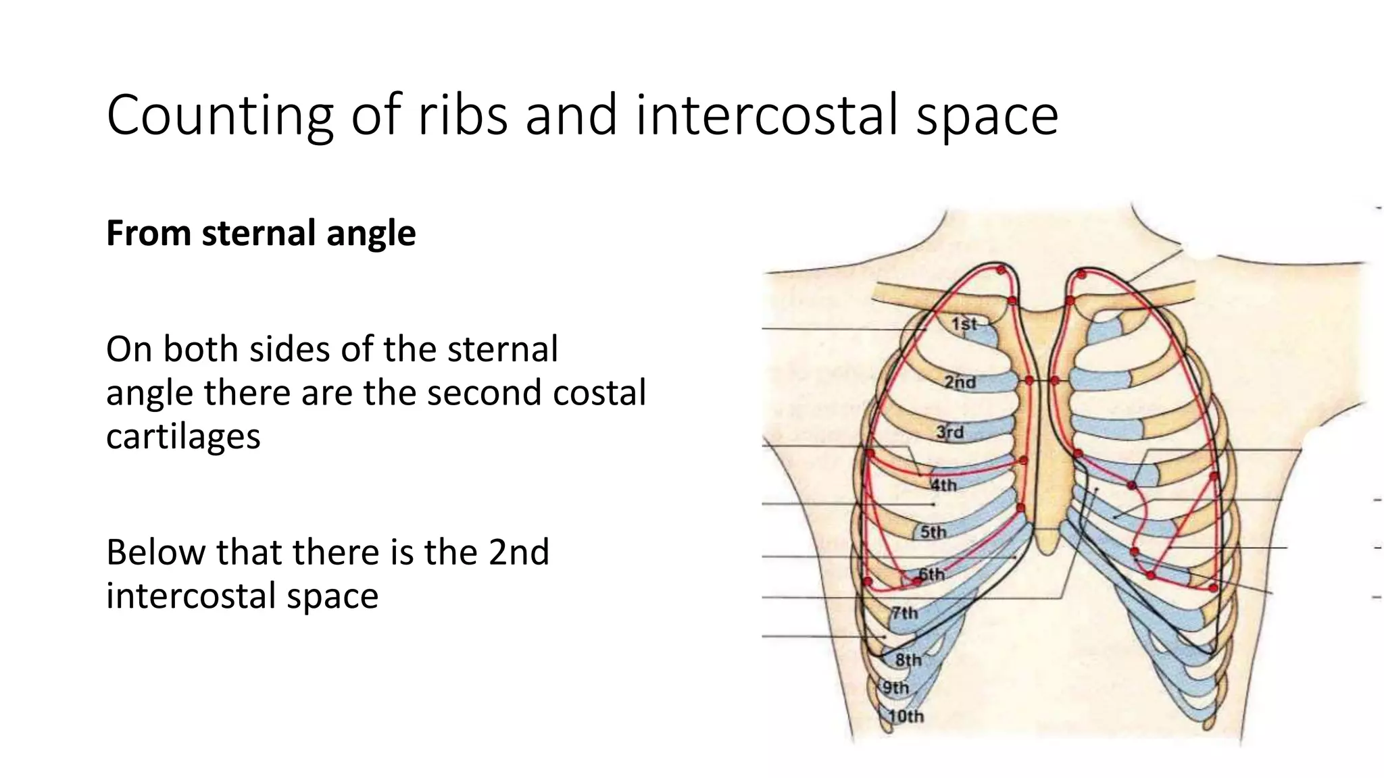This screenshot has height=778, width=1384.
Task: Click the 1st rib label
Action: [x=964, y=324]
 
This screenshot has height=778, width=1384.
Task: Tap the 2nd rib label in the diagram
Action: [x=960, y=382]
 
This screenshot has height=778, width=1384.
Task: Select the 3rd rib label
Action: [x=949, y=432]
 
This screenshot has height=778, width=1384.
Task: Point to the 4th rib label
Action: [x=943, y=485]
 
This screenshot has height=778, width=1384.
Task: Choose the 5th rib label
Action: [x=933, y=532]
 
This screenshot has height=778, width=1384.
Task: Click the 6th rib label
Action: [x=931, y=575]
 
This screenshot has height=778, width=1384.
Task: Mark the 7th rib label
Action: [x=905, y=613]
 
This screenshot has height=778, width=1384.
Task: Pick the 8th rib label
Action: [x=908, y=660]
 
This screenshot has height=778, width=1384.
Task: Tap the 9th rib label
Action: [x=896, y=688]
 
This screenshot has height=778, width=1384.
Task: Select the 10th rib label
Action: [x=906, y=717]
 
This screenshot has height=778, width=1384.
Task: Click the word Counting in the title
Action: [x=220, y=116]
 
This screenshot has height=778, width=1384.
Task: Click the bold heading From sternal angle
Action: [x=261, y=233]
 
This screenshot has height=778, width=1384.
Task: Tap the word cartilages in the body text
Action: [x=183, y=436]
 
